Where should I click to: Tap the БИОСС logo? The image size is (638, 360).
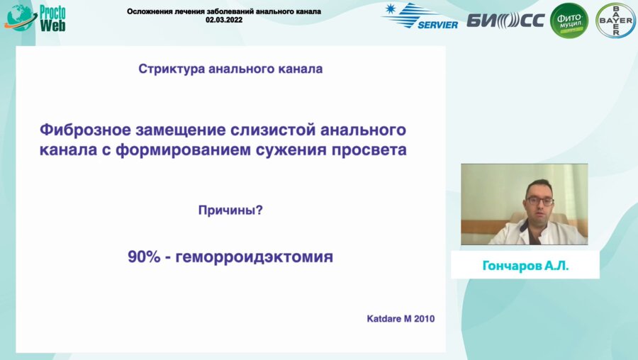click(x=505, y=20)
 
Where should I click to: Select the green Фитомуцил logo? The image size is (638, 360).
click(x=569, y=21)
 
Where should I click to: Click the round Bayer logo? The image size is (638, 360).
click(x=615, y=21)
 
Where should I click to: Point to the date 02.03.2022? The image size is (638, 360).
click(x=223, y=21)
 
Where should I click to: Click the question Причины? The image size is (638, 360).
click(x=230, y=210)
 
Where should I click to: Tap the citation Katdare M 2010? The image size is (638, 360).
click(x=399, y=319)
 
